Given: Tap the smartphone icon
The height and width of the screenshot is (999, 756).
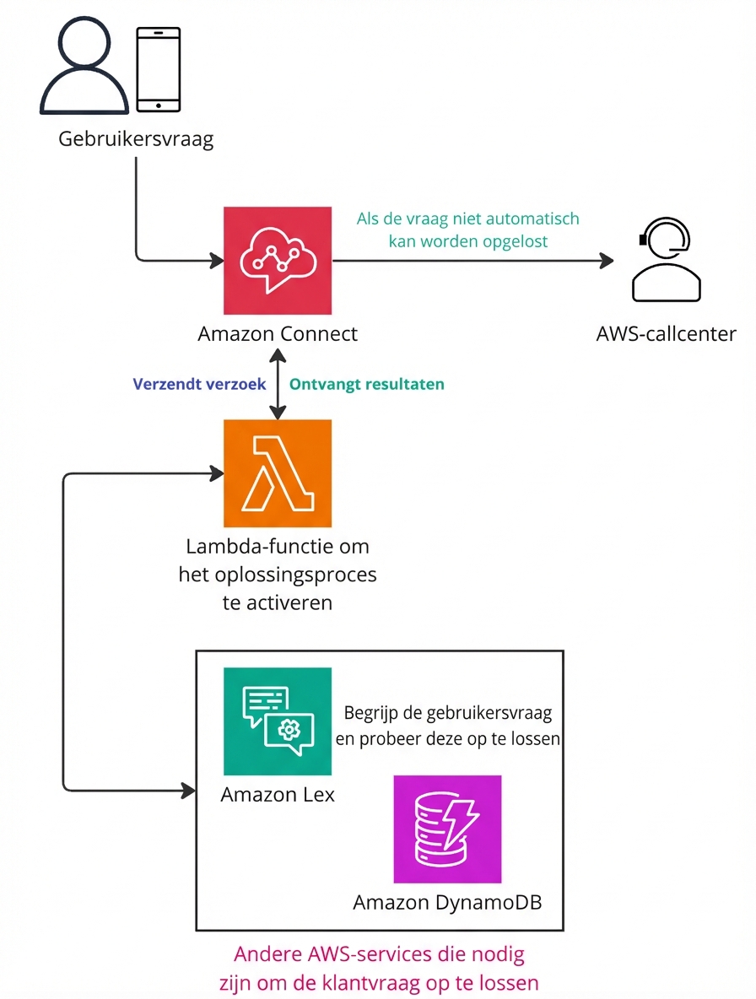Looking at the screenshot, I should point(159,69).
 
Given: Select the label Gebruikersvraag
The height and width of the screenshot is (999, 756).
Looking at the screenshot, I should point(136,139).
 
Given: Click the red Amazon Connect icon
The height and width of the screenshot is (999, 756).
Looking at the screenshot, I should point(278,261).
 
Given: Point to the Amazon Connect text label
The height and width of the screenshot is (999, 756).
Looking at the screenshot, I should point(278,334).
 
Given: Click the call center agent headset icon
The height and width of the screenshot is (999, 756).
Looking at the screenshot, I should point(666,261).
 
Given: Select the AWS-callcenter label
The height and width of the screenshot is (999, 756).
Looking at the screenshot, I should point(666,334).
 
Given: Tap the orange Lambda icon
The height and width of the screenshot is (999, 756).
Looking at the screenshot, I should point(278,473).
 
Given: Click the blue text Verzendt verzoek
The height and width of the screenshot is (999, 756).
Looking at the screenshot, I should point(200,384).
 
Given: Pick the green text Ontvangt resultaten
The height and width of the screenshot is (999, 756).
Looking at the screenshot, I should point(366,384).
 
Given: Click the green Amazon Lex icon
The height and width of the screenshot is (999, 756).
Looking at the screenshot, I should point(278,721).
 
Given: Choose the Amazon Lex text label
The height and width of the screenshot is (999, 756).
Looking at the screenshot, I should point(278,795).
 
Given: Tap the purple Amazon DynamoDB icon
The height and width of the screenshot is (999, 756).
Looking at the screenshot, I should point(447,829).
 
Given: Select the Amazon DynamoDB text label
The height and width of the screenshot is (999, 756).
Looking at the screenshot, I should point(447,903).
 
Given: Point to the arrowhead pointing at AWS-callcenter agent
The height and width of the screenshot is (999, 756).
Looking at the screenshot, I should point(606,261).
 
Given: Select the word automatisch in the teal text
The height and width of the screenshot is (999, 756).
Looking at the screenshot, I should point(536,219).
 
